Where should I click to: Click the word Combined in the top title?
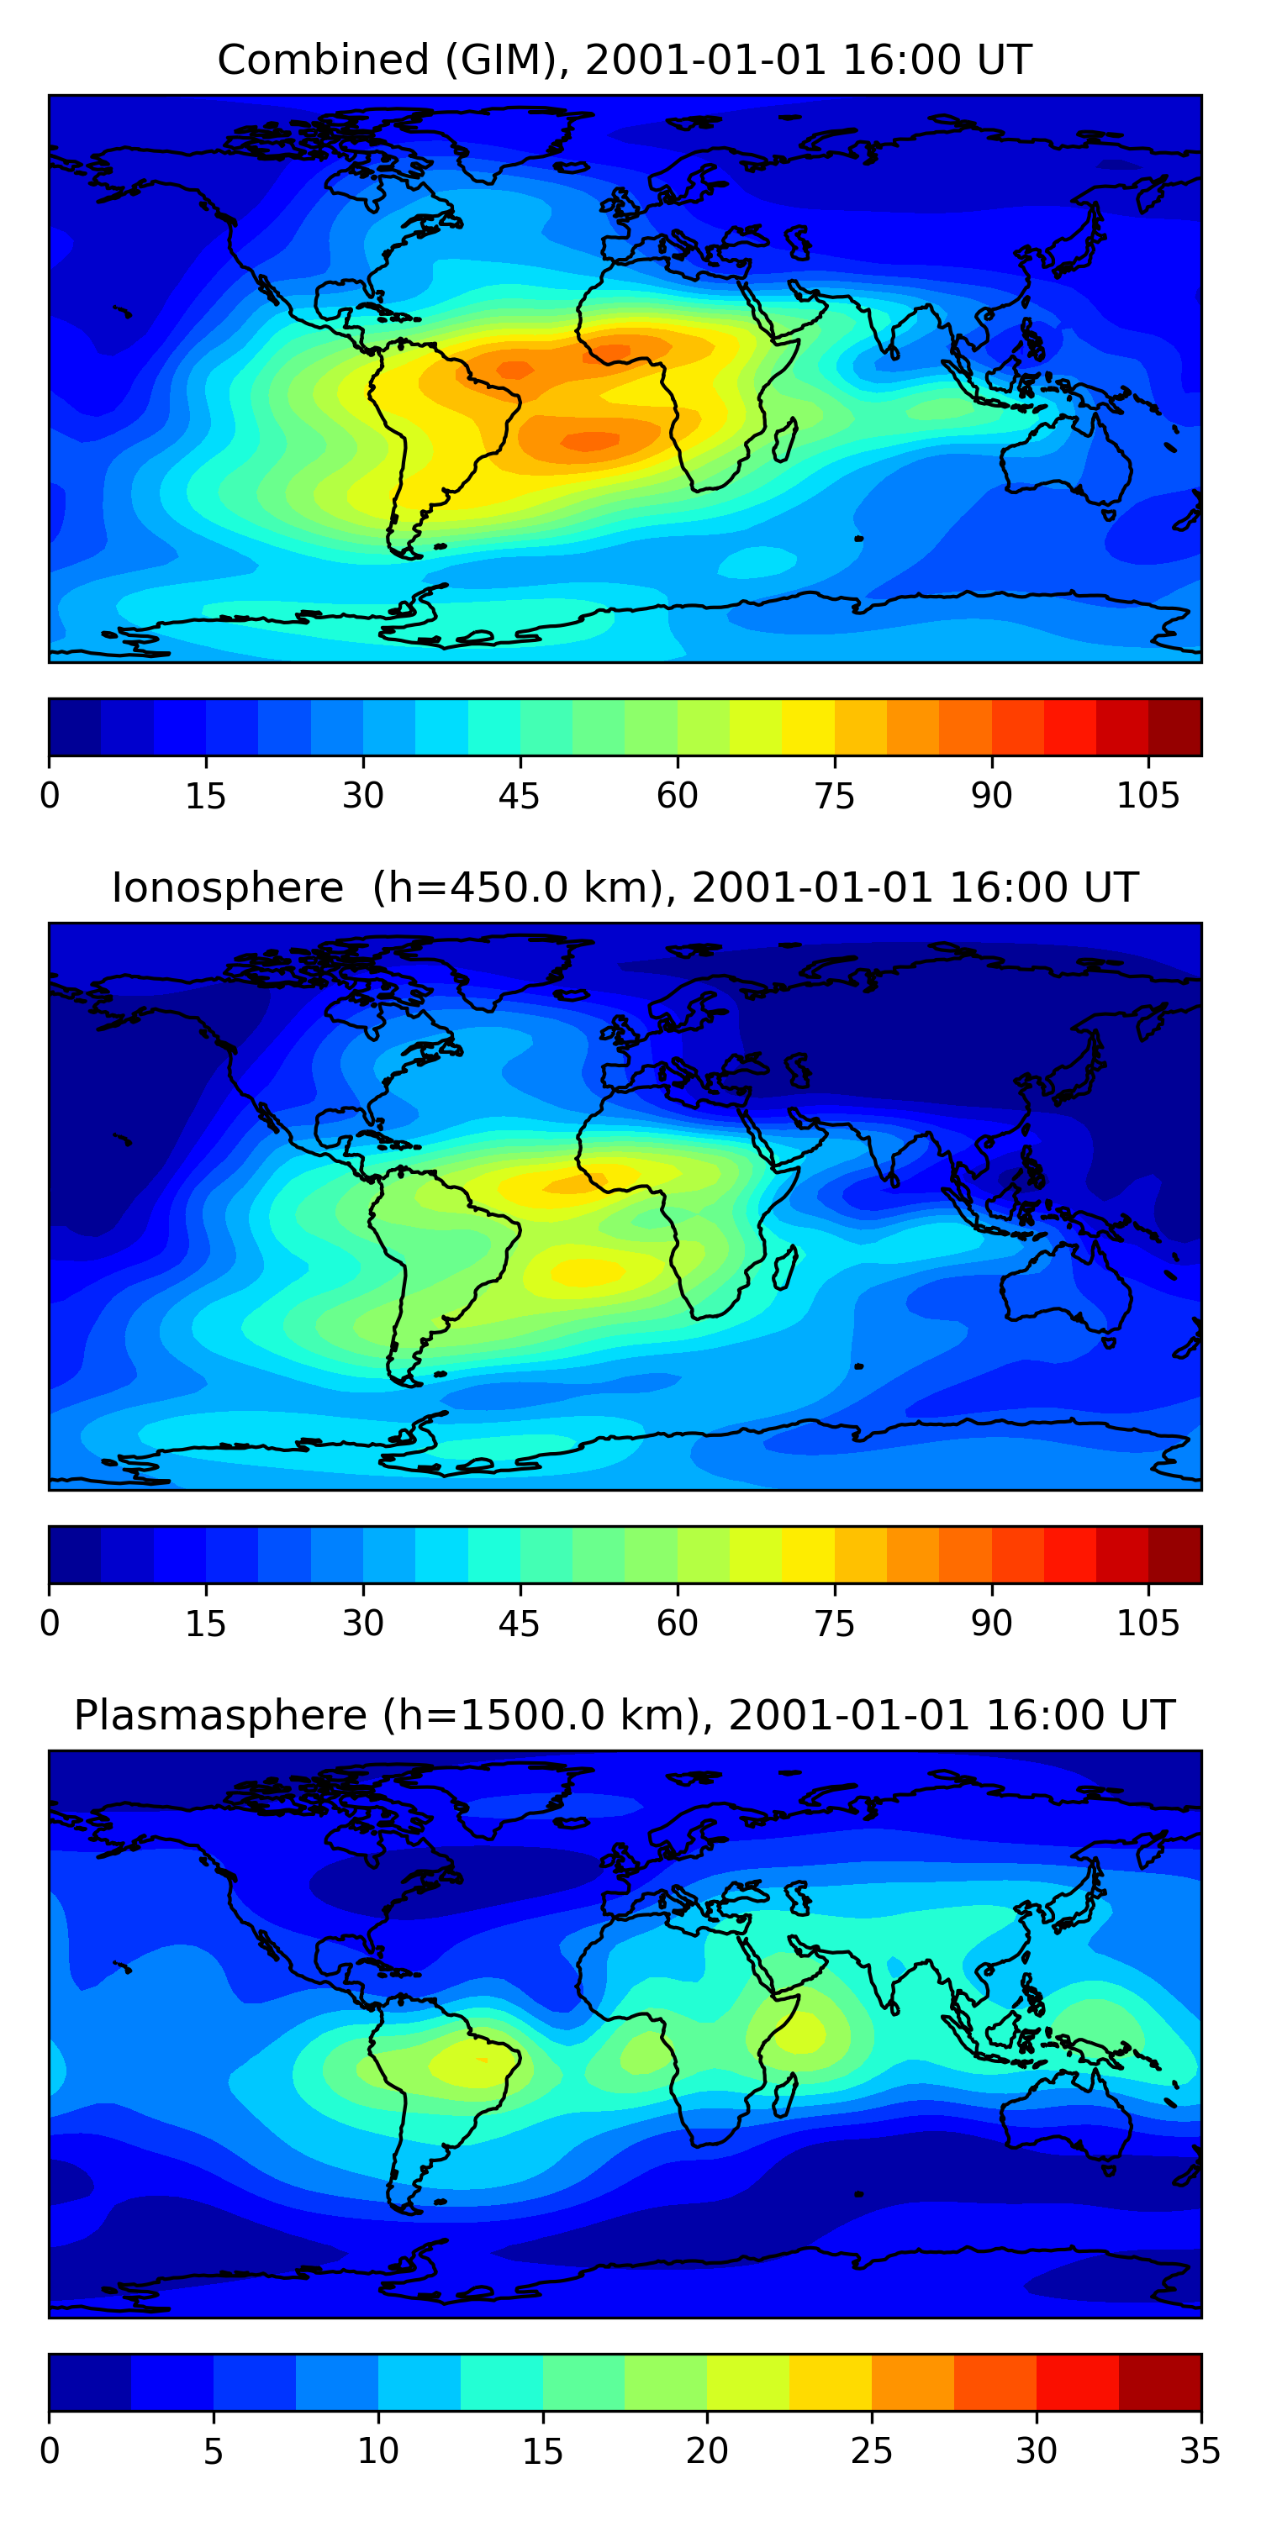point(323,61)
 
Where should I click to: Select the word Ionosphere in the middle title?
point(227,888)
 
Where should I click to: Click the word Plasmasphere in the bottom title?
point(220,1716)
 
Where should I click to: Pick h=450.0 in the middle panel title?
point(484,888)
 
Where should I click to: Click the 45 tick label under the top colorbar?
point(519,797)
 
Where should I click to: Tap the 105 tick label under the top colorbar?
point(1148,797)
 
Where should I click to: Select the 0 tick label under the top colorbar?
point(50,797)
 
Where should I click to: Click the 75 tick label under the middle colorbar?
point(834,1624)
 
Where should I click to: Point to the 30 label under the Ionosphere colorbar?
point(362,1624)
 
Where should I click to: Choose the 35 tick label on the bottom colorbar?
point(1200,2451)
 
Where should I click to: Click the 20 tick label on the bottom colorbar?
point(707,2451)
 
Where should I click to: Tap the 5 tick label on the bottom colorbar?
point(214,2451)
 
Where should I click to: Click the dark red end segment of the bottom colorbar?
point(1159,2382)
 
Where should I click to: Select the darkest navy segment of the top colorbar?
point(75,727)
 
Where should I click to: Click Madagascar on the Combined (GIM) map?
point(784,439)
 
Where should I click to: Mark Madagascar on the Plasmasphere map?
point(784,2094)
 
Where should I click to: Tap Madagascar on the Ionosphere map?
point(784,1267)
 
